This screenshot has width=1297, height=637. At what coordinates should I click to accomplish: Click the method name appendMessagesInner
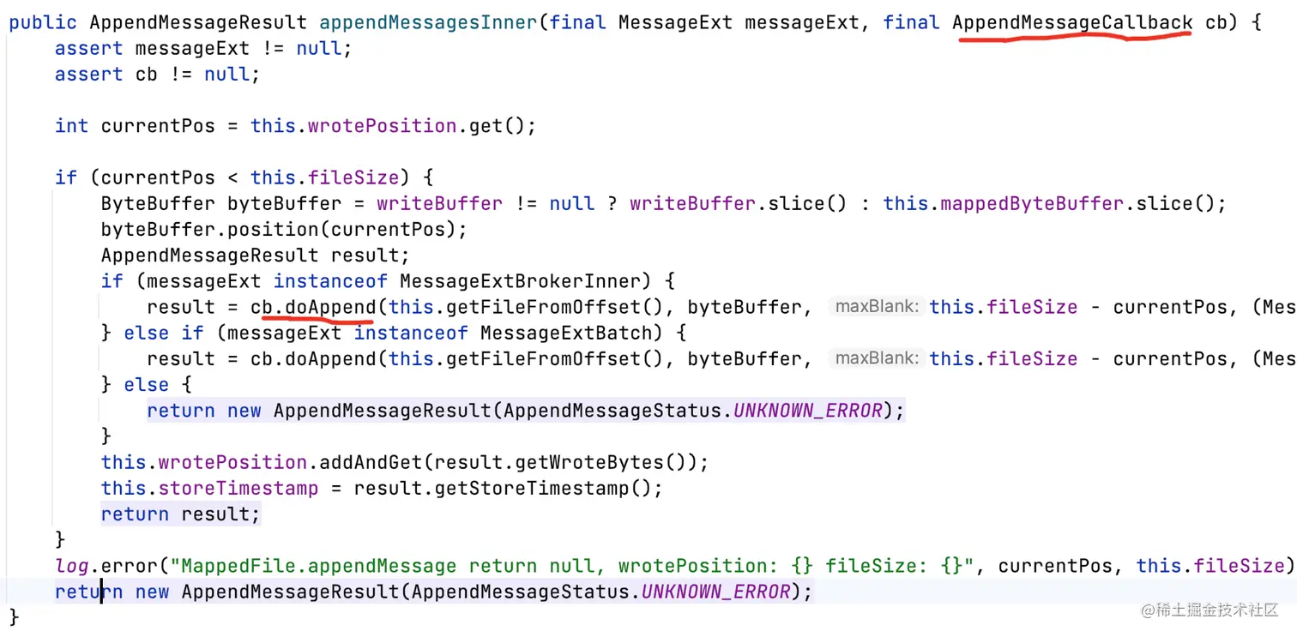point(430,22)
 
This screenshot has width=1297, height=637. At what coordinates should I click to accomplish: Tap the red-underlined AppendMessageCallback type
point(1072,22)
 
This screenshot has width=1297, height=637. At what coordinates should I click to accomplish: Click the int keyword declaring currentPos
point(71,126)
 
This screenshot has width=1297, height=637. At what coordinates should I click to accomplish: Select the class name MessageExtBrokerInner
point(521,280)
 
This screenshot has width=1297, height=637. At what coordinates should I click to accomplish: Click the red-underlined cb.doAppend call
point(313,307)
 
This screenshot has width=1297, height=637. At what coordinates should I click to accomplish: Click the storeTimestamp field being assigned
point(238,488)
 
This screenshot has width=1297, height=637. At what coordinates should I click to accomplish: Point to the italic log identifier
point(72,566)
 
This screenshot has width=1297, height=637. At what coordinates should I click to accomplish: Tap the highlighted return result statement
point(180,514)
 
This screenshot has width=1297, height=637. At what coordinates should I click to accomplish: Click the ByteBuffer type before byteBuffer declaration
point(158,203)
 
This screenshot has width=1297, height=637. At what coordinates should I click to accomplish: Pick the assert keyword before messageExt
point(89,48)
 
